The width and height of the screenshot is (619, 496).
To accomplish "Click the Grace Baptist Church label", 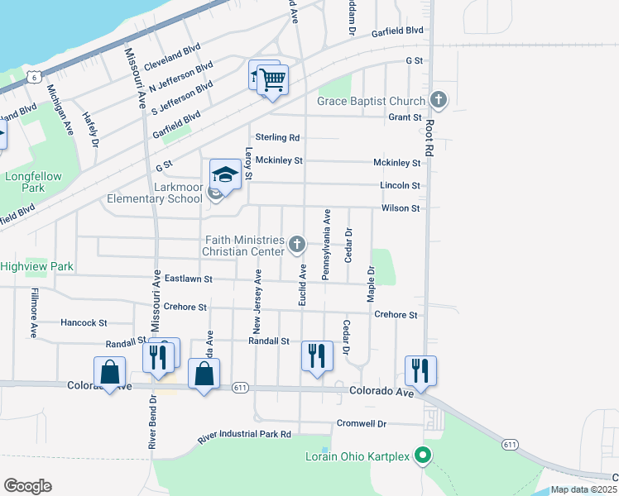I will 371,101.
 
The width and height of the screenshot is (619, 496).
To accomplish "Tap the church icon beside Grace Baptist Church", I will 439,101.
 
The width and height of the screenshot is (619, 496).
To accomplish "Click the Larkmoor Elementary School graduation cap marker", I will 225,174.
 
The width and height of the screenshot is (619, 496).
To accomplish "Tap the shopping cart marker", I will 272,81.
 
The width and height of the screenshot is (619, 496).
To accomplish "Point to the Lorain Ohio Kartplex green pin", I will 423,455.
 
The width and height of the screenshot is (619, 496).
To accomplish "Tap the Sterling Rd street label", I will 276,137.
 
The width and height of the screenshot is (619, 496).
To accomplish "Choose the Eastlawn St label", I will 189,279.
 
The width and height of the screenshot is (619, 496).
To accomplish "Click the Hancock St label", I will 84,322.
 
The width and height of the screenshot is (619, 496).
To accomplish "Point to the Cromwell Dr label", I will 362,423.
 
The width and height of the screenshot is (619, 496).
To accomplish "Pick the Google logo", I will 27,485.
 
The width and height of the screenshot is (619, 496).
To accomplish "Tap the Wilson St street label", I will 401,208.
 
